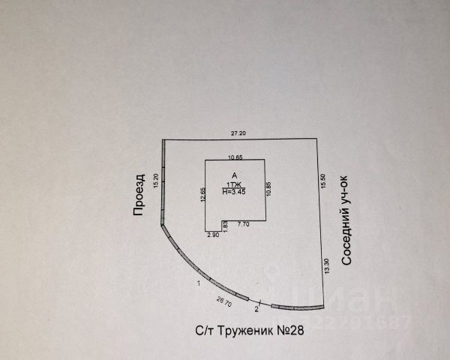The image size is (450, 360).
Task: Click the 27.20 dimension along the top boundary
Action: point(238,133)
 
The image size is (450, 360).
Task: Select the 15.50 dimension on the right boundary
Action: point(324,181)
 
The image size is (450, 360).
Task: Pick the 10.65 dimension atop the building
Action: point(235,157)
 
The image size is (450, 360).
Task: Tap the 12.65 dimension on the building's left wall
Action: point(203,195)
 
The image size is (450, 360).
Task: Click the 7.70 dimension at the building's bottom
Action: point(243,224)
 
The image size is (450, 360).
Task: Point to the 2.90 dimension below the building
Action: point(213,235)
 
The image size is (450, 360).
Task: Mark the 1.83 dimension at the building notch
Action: point(224,224)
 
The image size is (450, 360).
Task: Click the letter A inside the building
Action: point(235,175)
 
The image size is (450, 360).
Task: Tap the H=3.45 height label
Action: point(235,192)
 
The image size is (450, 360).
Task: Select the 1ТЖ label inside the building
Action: point(235,184)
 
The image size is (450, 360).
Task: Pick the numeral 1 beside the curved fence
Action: point(198,283)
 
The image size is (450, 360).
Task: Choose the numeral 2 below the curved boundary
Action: point(257,308)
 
